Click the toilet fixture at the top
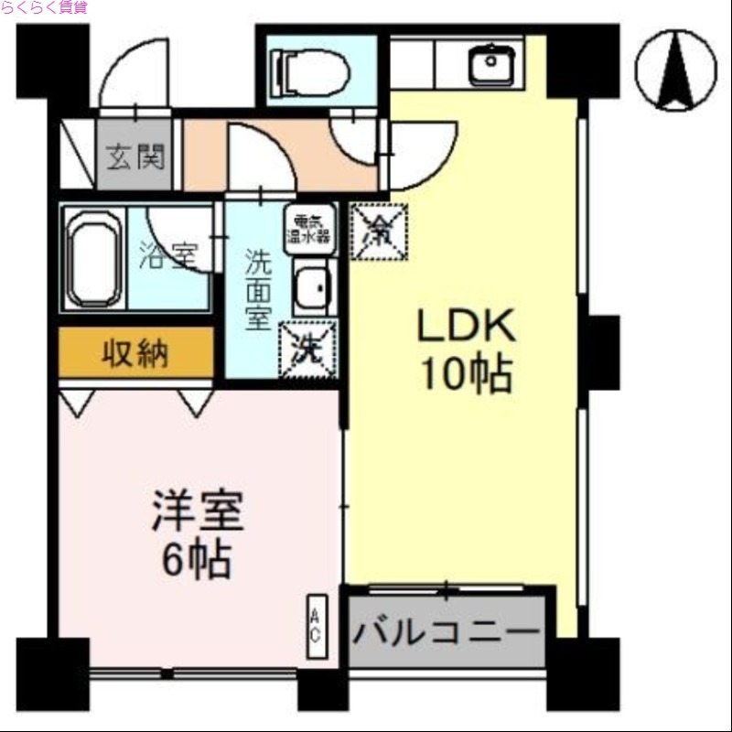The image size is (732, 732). click(x=312, y=70)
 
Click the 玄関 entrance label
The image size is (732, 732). click(x=136, y=158)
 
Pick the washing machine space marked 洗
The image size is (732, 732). click(x=308, y=349)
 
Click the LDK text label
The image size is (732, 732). click(x=468, y=327)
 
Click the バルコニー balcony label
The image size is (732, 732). click(x=446, y=632)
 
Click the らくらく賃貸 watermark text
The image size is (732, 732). click(x=45, y=7)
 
